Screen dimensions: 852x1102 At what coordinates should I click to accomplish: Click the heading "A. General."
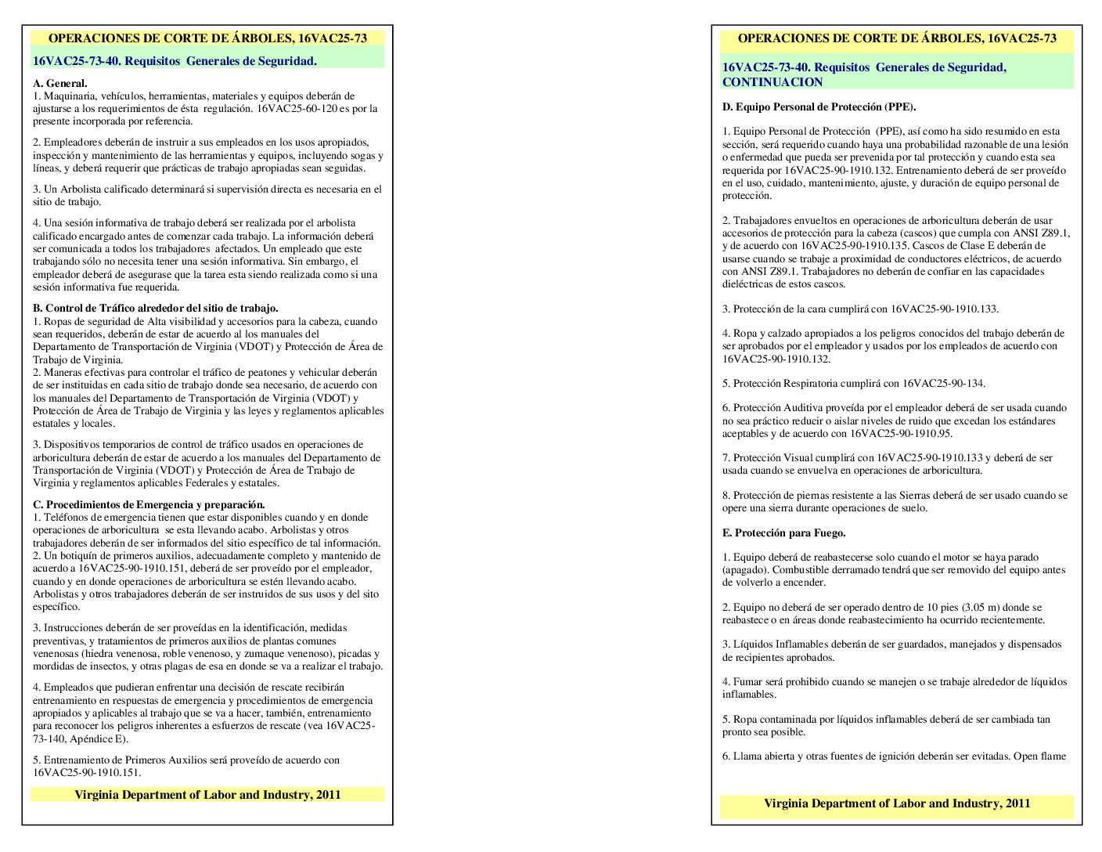59,83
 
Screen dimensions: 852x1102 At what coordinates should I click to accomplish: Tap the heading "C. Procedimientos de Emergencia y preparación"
149,504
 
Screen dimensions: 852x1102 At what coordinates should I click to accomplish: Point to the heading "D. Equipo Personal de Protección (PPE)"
819,106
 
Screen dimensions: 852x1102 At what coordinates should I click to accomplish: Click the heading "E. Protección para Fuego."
783,532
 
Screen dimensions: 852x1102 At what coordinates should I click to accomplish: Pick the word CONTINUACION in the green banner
772,82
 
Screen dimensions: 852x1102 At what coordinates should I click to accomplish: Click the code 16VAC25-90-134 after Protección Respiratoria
943,383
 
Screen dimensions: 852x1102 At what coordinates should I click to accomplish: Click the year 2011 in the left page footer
328,794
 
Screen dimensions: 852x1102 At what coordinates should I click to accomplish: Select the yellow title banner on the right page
896,38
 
